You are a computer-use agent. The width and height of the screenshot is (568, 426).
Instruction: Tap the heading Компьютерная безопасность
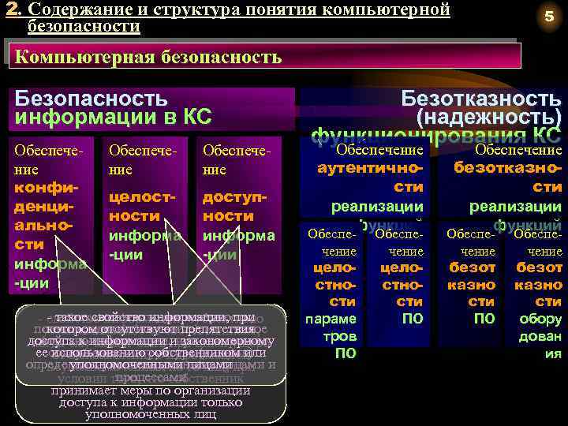pyautogui.click(x=148, y=57)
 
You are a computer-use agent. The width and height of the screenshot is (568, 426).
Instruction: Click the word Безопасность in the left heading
pyautogui.click(x=92, y=99)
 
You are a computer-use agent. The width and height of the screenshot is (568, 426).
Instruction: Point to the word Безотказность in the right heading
pyautogui.click(x=481, y=99)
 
